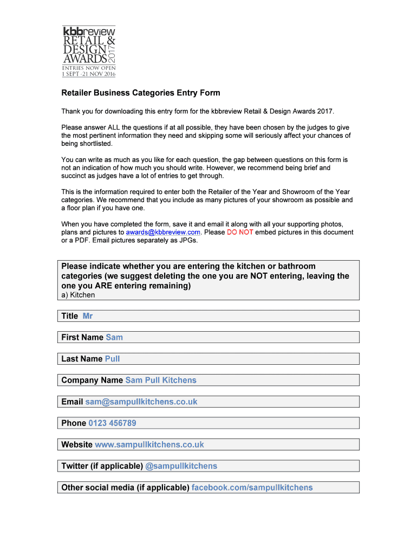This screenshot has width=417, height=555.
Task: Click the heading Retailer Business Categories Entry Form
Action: (140, 93)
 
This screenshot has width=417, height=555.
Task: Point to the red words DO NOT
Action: (240, 232)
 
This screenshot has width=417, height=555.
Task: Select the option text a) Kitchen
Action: (78, 295)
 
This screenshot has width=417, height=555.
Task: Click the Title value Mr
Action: (88, 316)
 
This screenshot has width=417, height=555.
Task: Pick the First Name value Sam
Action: (114, 337)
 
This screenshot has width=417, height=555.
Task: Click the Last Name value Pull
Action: (112, 359)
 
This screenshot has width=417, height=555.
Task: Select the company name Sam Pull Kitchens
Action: (161, 380)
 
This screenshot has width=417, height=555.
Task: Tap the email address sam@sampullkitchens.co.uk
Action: (141, 402)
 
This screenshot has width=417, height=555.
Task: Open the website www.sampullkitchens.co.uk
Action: (149, 444)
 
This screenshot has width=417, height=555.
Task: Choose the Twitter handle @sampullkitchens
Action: (181, 466)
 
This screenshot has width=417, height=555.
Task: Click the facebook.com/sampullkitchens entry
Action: (252, 487)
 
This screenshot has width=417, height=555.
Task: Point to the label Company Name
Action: (92, 380)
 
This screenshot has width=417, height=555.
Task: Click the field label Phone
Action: (74, 423)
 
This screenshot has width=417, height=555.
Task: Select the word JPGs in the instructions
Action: (188, 241)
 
